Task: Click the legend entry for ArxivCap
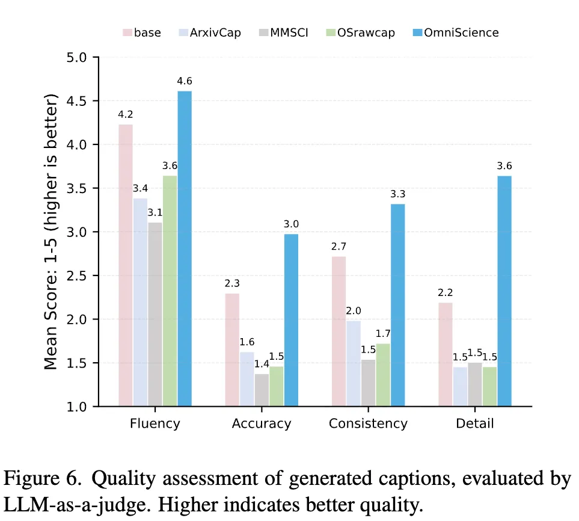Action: pyautogui.click(x=210, y=32)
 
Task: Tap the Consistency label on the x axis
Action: pyautogui.click(x=368, y=424)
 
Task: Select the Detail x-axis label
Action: pyautogui.click(x=474, y=424)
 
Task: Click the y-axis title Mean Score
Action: pyautogui.click(x=52, y=232)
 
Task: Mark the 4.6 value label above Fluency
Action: pyautogui.click(x=185, y=81)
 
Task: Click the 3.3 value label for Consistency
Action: pyautogui.click(x=398, y=194)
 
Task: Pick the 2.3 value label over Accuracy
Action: pyautogui.click(x=232, y=283)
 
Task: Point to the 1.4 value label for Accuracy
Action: pyautogui.click(x=262, y=363)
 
